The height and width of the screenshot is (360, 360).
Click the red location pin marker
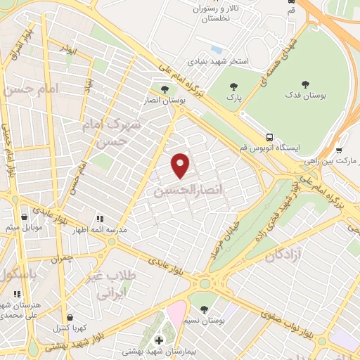click(x=181, y=165)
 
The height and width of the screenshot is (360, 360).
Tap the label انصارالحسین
click(x=182, y=191)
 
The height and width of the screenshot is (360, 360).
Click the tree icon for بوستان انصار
click(x=165, y=90)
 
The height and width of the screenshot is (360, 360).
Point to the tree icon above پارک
click(x=233, y=87)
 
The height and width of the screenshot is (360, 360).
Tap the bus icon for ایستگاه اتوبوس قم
click(x=270, y=137)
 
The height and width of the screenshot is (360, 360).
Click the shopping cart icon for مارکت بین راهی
click(x=339, y=149)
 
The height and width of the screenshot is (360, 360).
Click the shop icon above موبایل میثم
click(x=26, y=217)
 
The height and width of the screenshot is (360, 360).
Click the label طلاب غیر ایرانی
click(x=109, y=285)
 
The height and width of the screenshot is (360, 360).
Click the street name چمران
click(x=62, y=259)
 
